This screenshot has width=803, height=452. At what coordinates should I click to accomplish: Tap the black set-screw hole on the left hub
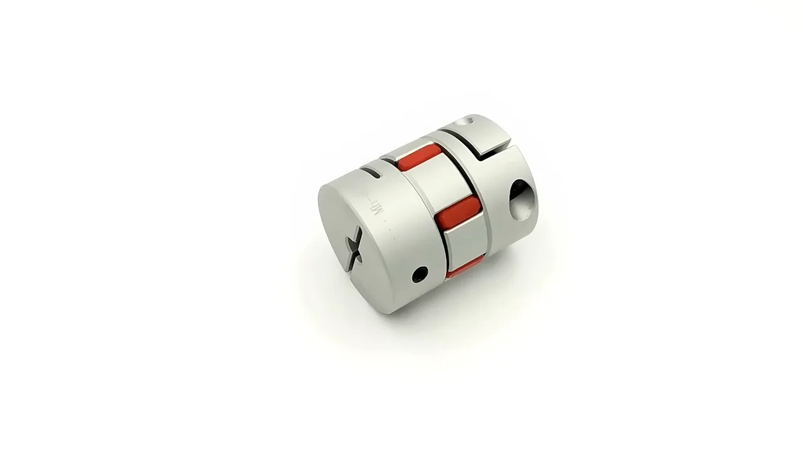[x=420, y=274]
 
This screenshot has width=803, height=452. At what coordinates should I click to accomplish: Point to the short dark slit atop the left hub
[x=372, y=170]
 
